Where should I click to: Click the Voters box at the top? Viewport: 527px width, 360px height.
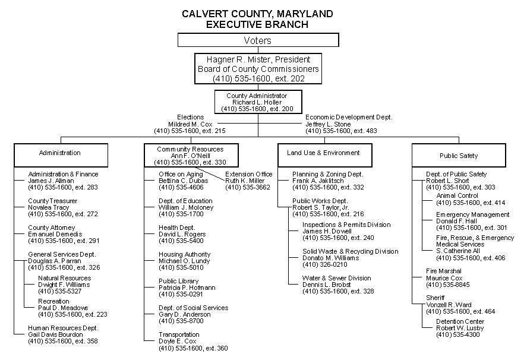(x=258, y=40)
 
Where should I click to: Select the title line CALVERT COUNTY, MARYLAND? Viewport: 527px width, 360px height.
(x=257, y=14)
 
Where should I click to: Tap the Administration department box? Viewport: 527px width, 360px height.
(x=60, y=153)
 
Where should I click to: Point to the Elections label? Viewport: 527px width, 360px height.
(x=191, y=117)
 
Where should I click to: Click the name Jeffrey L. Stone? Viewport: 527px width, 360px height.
(x=328, y=124)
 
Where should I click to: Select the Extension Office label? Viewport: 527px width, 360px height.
(x=248, y=174)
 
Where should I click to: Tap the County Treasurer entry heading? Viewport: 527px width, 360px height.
(x=52, y=200)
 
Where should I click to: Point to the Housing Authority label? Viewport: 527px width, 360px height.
(x=184, y=254)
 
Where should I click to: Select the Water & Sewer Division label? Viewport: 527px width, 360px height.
(x=336, y=278)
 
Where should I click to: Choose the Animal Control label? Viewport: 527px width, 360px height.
(x=457, y=195)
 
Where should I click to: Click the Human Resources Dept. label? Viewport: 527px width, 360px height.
(x=63, y=328)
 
